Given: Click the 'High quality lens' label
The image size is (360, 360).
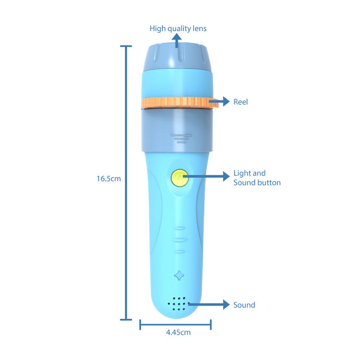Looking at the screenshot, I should pos(178,29).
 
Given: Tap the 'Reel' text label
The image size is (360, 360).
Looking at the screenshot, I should pos(240,102).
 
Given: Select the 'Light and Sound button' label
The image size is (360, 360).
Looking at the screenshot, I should pos(257,178).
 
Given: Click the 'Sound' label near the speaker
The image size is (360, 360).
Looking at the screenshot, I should pos(244,305).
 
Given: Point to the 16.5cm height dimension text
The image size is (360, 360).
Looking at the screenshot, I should pos(108,179).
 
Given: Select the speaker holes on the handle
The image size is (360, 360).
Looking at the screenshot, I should pos(178,304).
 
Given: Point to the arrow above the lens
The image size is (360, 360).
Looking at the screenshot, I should pos(178,42).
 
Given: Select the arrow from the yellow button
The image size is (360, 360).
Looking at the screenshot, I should pos(206,177).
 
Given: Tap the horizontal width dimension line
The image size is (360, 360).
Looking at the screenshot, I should pos(175,326).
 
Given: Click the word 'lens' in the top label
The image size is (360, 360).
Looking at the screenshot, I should pos(199,29).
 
